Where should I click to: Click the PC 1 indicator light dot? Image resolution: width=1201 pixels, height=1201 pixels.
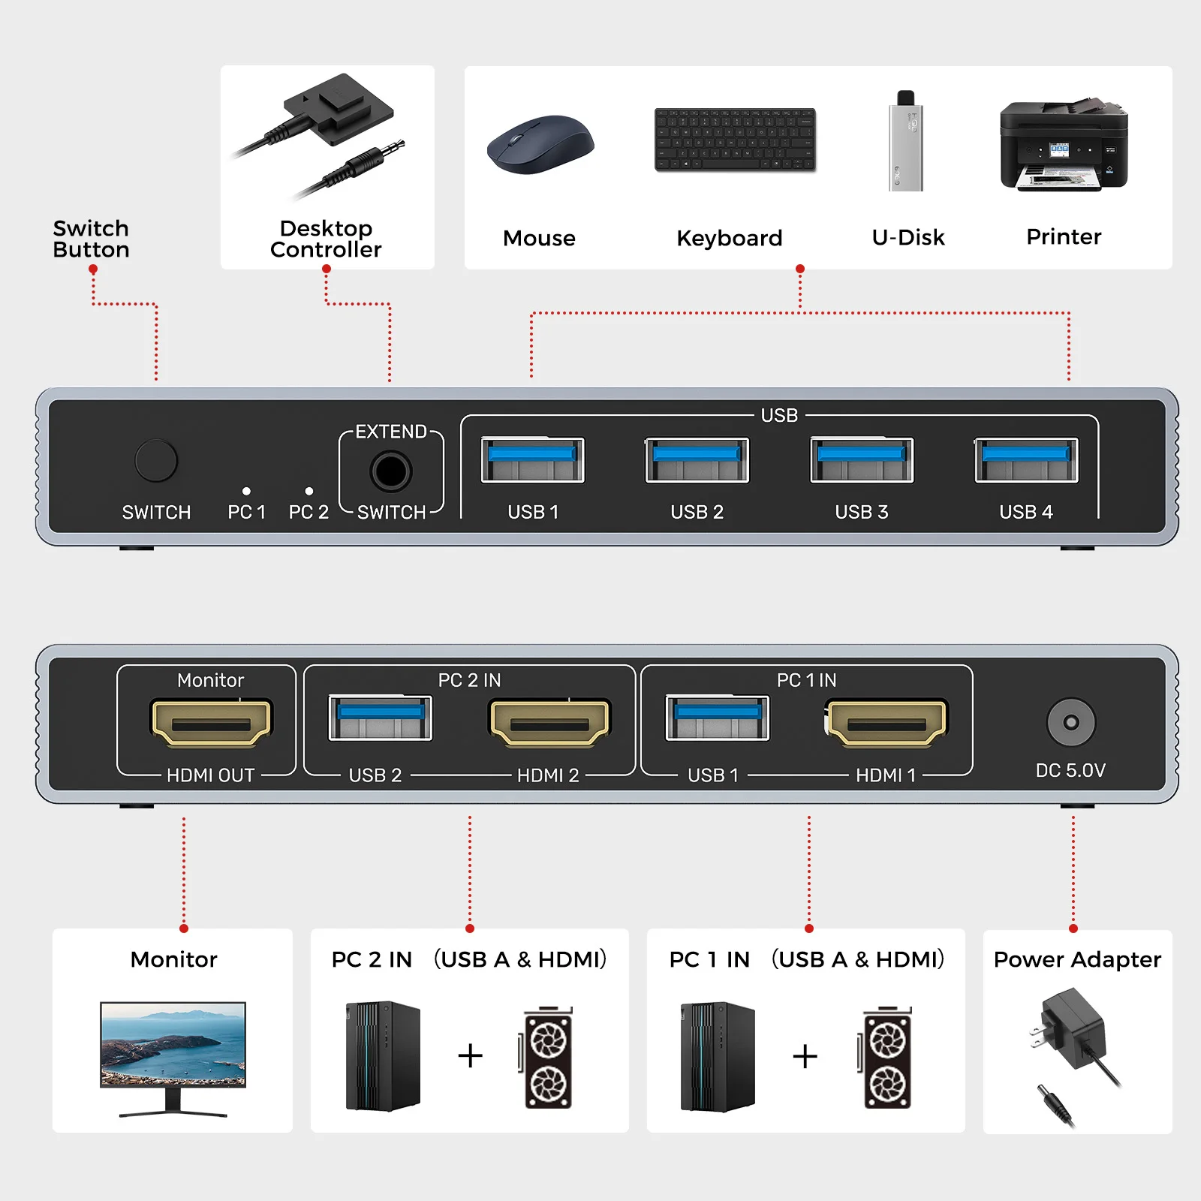tap(246, 491)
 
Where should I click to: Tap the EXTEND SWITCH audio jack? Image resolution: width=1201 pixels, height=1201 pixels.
tap(391, 471)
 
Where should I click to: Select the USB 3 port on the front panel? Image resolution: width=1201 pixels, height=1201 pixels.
tap(862, 460)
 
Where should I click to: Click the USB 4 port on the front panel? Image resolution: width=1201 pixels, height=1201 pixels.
tap(1026, 460)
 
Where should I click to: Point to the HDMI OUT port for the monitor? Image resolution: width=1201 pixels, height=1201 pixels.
tap(211, 723)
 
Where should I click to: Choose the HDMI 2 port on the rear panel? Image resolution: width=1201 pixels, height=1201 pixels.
tap(550, 723)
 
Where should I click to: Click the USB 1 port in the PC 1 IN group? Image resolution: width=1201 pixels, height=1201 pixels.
tap(718, 718)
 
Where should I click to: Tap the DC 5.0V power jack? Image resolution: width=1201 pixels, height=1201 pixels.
tap(1070, 722)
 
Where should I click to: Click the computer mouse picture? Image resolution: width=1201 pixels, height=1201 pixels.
tap(540, 145)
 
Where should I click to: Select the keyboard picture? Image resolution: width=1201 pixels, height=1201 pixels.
tap(735, 140)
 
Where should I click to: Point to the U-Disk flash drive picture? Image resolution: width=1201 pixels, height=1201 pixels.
tap(906, 142)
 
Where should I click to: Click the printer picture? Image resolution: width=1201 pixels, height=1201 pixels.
tap(1064, 146)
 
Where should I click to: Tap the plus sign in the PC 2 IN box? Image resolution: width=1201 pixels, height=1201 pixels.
tap(471, 1055)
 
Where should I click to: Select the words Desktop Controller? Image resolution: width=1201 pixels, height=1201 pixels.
tap(326, 239)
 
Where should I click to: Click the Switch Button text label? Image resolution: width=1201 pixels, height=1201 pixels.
tap(91, 239)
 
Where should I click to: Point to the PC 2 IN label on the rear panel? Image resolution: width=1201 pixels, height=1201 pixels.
tap(469, 680)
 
